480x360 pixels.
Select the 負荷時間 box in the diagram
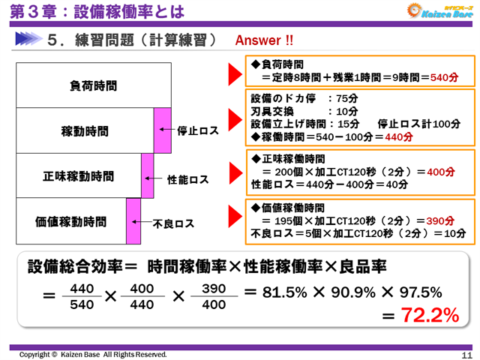93,85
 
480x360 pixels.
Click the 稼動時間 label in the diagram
85,130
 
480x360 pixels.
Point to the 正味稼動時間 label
78,176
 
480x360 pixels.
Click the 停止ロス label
198,130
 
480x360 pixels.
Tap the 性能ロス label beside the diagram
188,180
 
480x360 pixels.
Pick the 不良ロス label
174,223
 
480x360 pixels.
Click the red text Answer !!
265,40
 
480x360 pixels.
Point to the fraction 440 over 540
80,296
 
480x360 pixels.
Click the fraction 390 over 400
214,296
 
